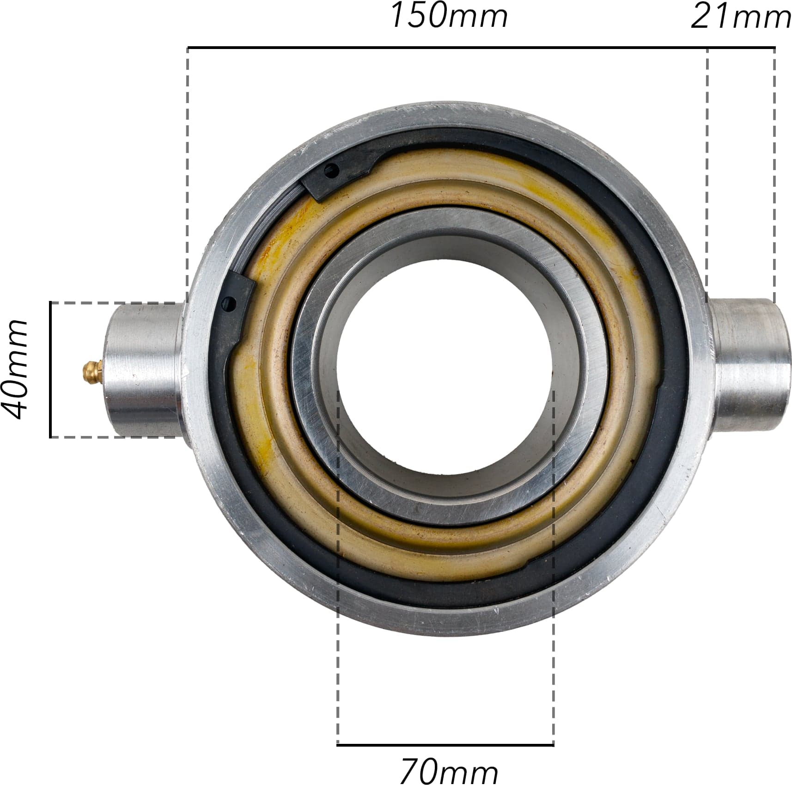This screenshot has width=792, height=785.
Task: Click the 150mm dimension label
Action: click(x=449, y=16)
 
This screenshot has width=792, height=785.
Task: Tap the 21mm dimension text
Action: click(x=741, y=18)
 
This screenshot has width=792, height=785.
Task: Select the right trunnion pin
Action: click(x=749, y=365)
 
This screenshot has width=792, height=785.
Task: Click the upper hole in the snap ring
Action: click(x=332, y=171)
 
